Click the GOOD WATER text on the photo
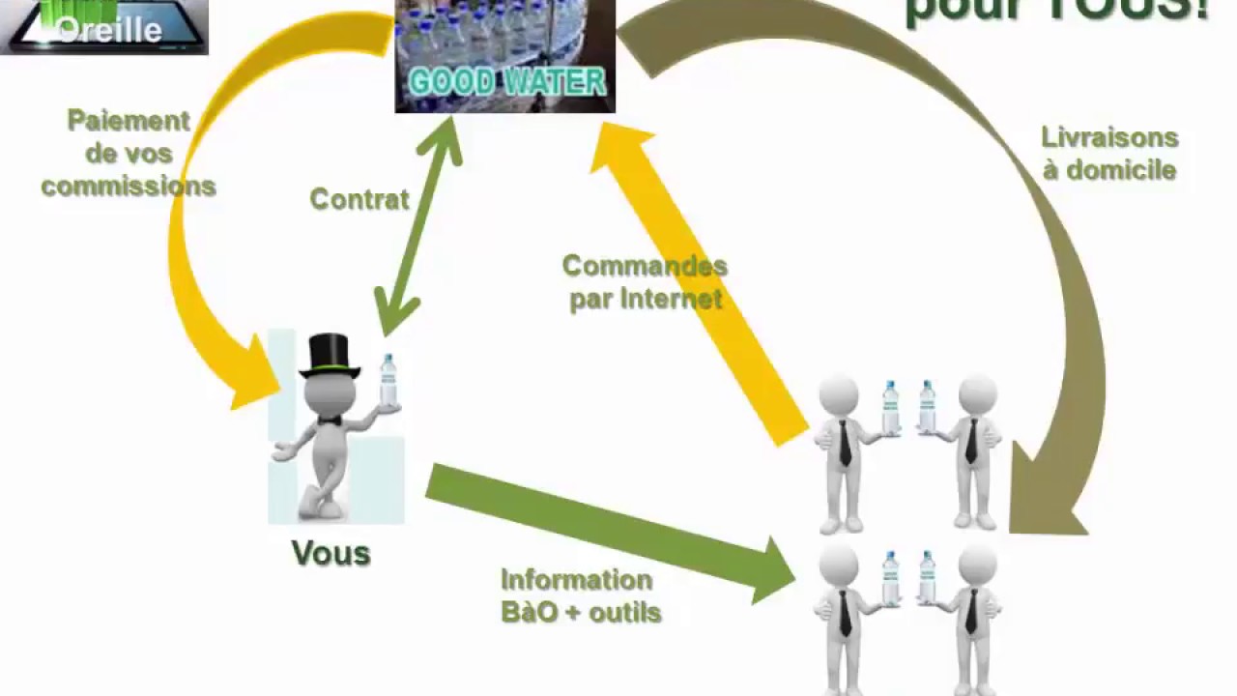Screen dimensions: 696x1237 (x=506, y=81)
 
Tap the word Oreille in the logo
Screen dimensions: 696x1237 (x=109, y=29)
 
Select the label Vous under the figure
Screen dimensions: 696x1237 (x=331, y=553)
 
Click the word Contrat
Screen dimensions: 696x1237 (x=360, y=199)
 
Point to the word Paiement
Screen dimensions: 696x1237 (x=129, y=122)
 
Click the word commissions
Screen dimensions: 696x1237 (x=129, y=186)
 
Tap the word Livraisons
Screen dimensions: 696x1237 (x=1109, y=138)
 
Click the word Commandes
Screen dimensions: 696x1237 (x=645, y=266)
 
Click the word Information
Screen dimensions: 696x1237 (x=576, y=580)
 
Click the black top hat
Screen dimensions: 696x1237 (x=330, y=355)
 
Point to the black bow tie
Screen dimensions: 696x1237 (x=330, y=420)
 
